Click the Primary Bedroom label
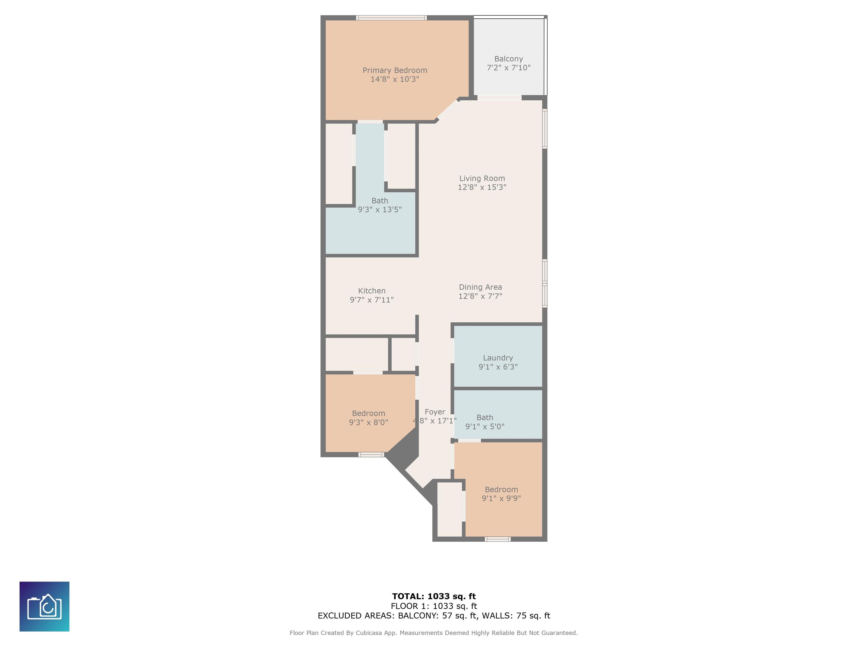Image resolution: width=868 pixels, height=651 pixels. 395,70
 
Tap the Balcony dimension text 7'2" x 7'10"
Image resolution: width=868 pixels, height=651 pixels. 509,68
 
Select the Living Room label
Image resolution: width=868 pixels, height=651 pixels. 482,179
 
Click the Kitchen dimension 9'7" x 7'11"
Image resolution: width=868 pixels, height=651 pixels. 372,300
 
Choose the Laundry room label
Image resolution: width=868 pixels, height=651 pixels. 498,358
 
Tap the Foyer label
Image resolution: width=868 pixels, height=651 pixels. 435,412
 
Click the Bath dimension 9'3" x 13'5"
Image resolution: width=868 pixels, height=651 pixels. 379,210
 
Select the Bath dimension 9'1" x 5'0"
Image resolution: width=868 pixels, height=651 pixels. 485,427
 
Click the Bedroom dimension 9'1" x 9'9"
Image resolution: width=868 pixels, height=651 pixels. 501,498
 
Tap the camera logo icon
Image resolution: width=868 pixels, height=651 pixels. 44,607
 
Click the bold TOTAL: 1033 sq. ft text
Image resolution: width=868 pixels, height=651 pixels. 434,596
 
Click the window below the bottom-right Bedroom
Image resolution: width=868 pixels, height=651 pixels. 498,539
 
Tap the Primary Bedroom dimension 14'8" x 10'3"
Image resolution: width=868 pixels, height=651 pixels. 395,79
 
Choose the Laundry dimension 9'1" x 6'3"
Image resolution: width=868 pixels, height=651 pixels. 498,367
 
